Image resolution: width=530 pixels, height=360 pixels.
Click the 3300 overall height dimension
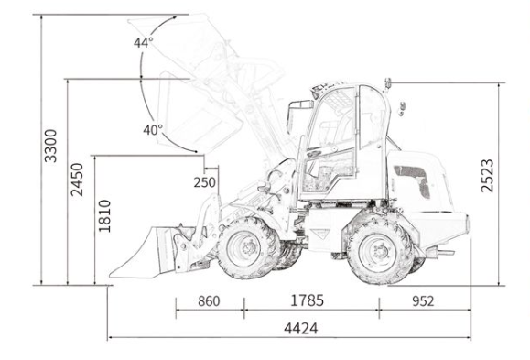51,146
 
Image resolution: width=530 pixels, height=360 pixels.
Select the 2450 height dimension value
77,180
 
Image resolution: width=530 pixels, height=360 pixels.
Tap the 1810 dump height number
104,216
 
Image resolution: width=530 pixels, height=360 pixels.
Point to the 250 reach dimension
204,182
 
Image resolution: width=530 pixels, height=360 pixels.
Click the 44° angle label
144,43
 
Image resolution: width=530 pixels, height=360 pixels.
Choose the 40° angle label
153,130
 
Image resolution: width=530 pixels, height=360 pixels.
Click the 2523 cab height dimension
487,176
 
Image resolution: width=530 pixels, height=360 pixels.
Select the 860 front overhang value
209,301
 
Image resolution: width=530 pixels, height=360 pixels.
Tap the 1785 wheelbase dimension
308,300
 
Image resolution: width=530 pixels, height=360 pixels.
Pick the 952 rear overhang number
423,301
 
